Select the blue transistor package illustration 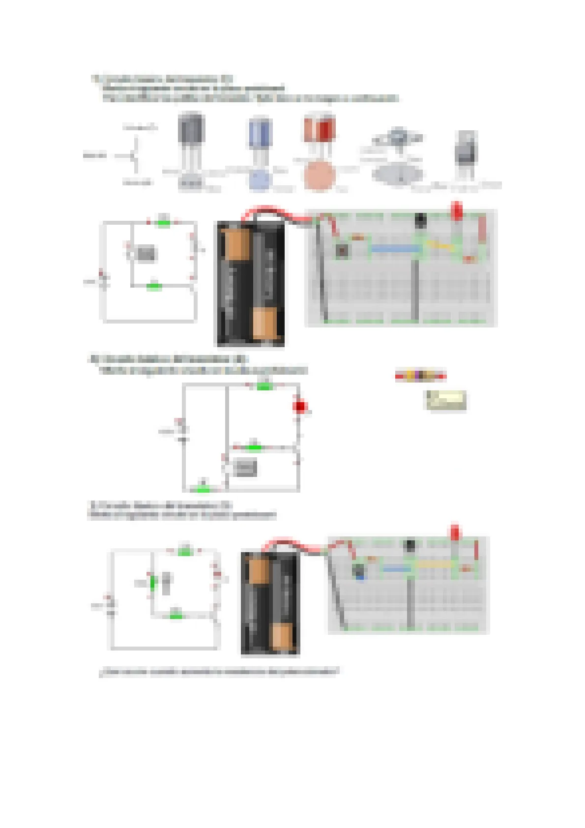coord(259,133)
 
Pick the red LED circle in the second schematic coord(299,407)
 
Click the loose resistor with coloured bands coord(420,376)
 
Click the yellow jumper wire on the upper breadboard coord(440,244)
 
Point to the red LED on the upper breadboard coord(457,210)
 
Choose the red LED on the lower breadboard coord(455,533)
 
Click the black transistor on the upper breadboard coord(420,220)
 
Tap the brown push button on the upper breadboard coord(342,251)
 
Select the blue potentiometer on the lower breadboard coord(359,571)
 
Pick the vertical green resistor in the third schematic coord(153,583)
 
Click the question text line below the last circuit coord(219,672)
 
